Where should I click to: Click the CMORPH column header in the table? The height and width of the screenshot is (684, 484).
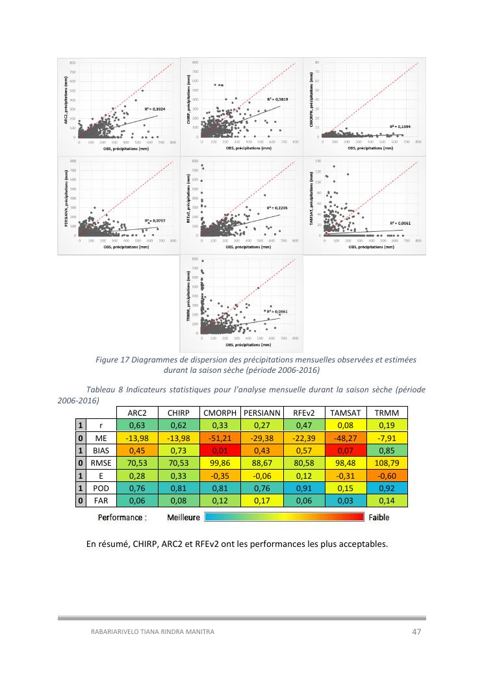pyautogui.click(x=220, y=412)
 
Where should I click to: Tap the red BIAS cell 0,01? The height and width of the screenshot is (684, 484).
pyautogui.click(x=220, y=451)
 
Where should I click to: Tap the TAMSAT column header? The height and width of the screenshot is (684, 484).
pyautogui.click(x=345, y=412)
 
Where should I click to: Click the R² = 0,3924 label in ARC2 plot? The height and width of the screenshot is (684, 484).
pyautogui.click(x=154, y=109)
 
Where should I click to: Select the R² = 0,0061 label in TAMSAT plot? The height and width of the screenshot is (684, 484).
pyautogui.click(x=400, y=223)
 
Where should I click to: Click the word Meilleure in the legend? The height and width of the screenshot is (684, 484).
pyautogui.click(x=183, y=518)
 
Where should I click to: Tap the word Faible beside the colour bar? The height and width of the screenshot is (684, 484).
pyautogui.click(x=379, y=518)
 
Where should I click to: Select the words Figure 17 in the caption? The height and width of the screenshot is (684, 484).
pyautogui.click(x=114, y=359)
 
